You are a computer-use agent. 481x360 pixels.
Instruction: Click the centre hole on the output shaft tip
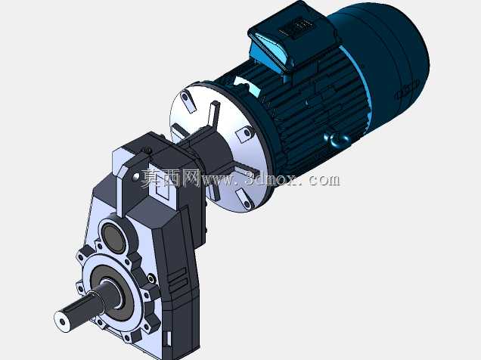[62, 321]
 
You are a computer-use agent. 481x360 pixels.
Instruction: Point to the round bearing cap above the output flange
[114, 235]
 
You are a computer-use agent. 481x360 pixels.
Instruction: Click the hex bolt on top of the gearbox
[148, 151]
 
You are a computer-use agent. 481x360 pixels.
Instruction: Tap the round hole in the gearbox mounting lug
[135, 177]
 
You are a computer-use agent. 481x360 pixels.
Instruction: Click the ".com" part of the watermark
[323, 180]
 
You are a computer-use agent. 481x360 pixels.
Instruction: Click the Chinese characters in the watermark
[169, 178]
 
